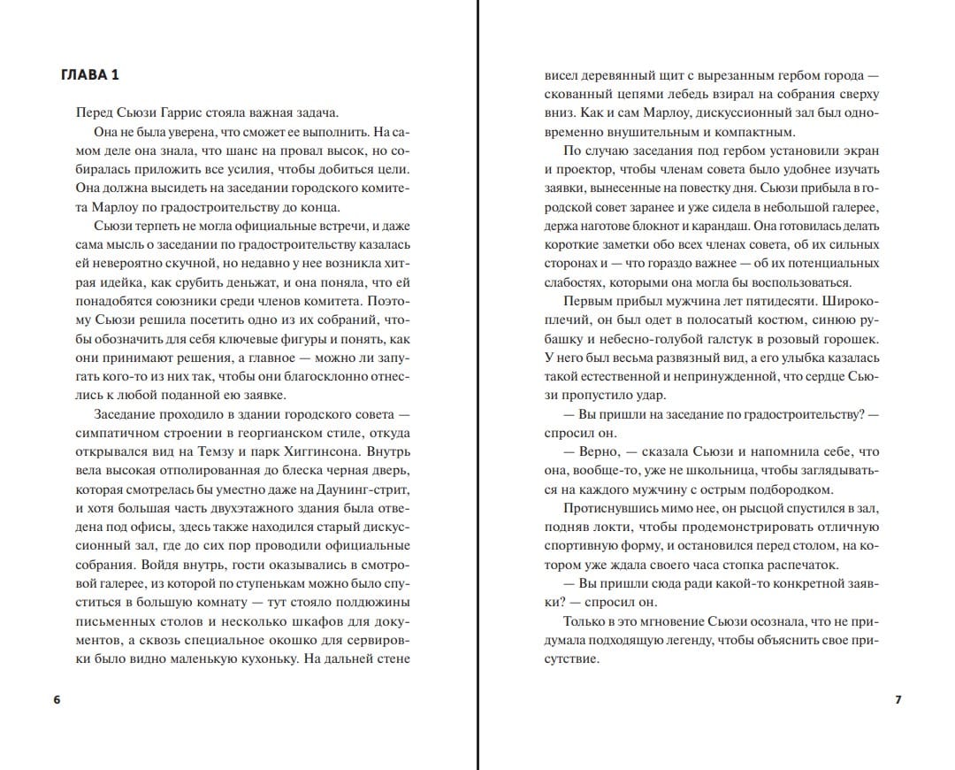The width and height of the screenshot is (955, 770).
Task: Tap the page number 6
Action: pyautogui.click(x=57, y=699)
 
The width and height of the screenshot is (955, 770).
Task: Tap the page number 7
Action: pyautogui.click(x=898, y=699)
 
